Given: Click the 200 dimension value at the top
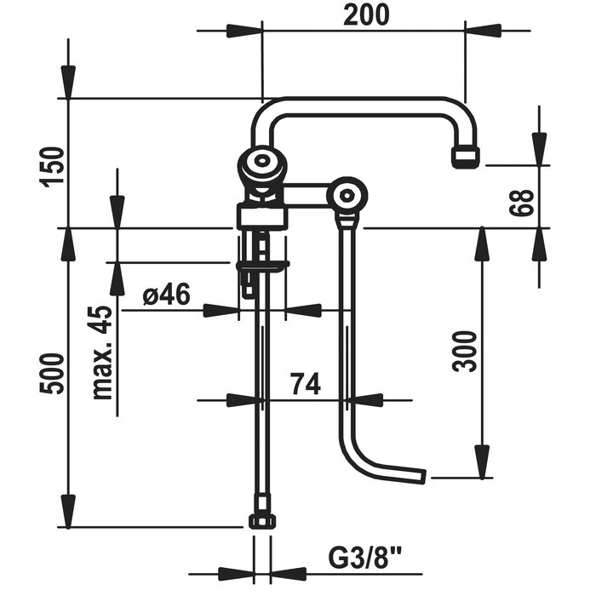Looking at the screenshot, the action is [x=366, y=15].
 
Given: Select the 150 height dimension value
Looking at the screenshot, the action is [x=52, y=167].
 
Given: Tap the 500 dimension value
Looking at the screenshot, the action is [x=52, y=374].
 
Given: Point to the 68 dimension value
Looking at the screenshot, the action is [x=523, y=203].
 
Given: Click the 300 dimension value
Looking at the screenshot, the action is [x=464, y=351].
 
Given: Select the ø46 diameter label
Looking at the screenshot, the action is [x=167, y=295].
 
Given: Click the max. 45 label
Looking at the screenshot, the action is [x=103, y=352].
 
